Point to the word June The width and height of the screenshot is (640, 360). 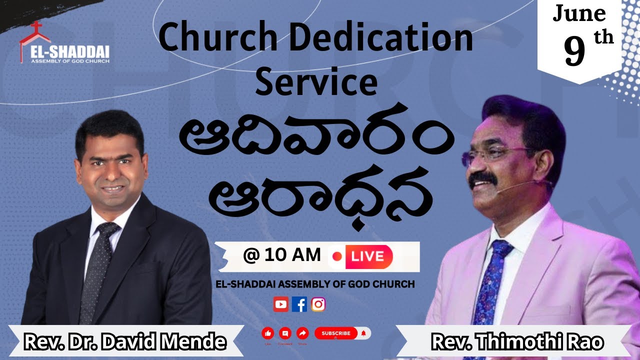click(x=579, y=14)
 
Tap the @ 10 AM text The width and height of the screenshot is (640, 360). click(x=282, y=255)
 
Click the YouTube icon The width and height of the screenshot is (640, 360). click(x=280, y=304)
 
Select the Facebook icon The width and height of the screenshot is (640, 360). click(x=299, y=304)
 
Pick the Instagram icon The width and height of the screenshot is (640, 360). click(x=318, y=304)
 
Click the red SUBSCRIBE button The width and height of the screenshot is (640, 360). click(x=336, y=333)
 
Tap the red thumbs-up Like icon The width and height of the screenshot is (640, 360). click(x=267, y=333)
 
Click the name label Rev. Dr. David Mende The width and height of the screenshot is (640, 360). click(x=125, y=342)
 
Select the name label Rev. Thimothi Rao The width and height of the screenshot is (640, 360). click(x=517, y=342)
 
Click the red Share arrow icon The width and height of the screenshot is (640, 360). click(x=302, y=333)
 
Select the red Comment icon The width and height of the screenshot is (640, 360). click(x=285, y=333)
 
